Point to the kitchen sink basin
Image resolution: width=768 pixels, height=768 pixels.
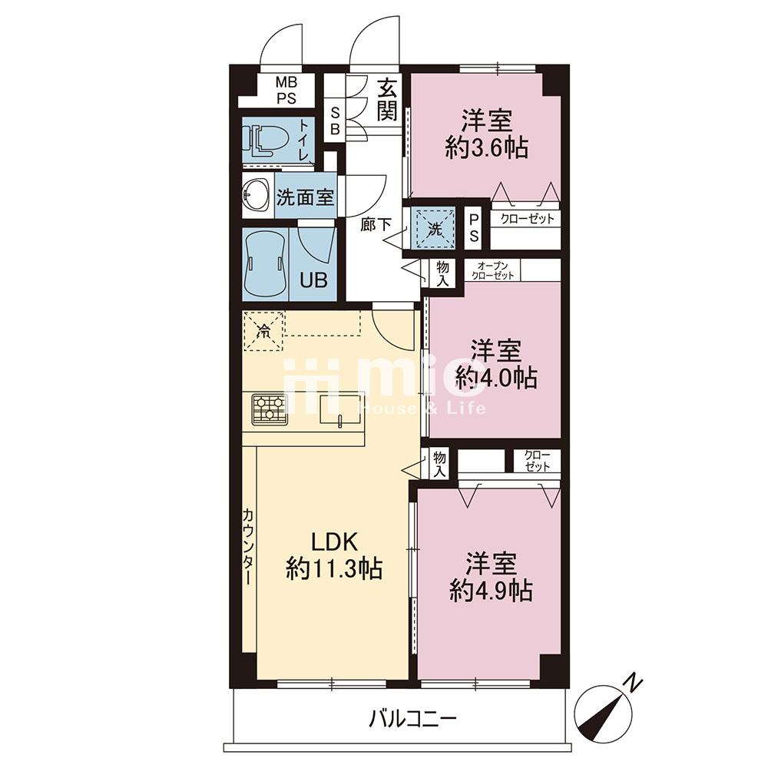(338, 409)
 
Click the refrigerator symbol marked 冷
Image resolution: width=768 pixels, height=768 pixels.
(264, 331)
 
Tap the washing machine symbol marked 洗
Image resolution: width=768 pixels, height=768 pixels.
(435, 228)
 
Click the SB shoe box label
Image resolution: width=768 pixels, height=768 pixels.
(336, 121)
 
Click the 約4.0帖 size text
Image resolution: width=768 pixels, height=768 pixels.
(496, 377)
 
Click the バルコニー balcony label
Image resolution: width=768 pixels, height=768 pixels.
(413, 719)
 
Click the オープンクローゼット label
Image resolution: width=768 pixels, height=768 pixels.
(493, 270)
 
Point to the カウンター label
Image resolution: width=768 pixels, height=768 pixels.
(248, 546)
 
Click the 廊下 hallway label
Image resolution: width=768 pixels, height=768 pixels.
(376, 224)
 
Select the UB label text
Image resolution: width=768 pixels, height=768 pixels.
(313, 280)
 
